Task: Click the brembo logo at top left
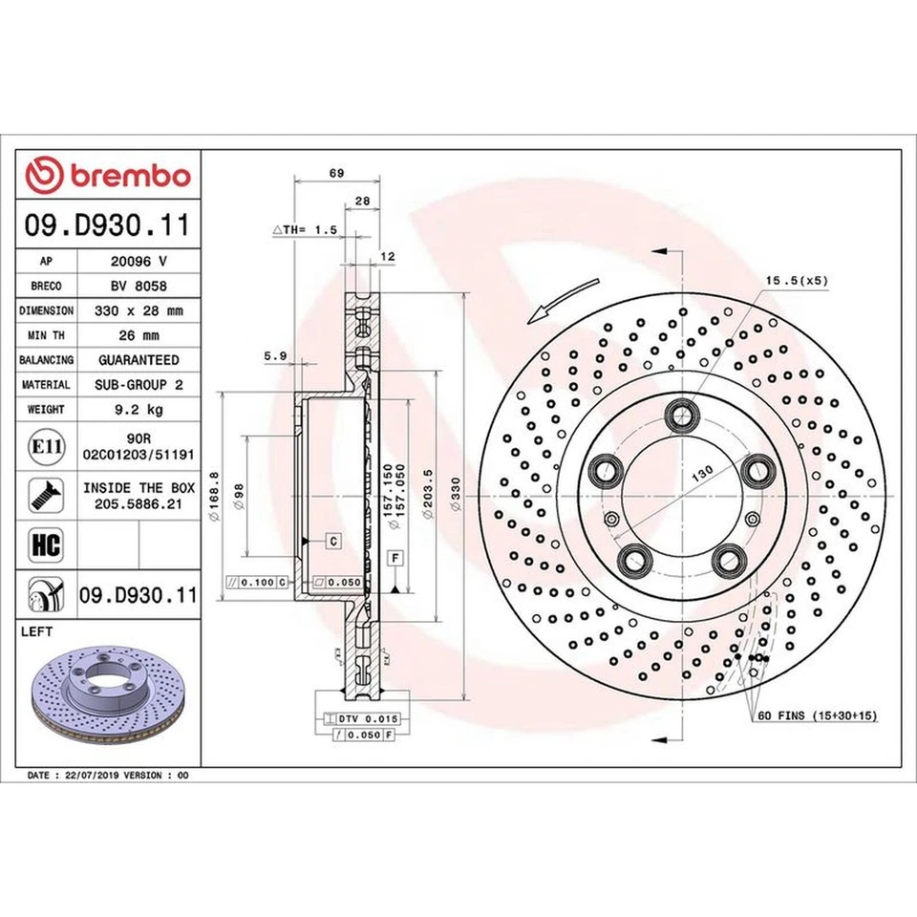tap(108, 176)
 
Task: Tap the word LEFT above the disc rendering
tap(37, 631)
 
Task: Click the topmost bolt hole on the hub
tap(681, 415)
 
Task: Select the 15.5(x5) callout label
tap(797, 281)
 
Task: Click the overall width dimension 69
tap(335, 173)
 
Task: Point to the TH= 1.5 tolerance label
tap(306, 230)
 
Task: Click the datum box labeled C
tap(333, 542)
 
